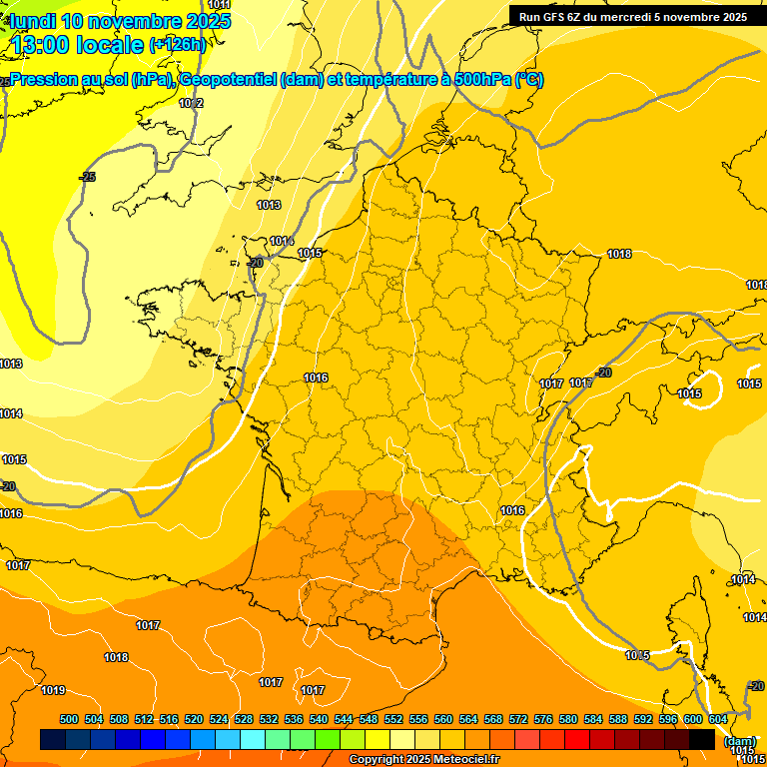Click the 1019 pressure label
pyautogui.click(x=53, y=690)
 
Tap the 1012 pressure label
pyautogui.click(x=191, y=103)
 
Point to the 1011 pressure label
pyautogui.click(x=219, y=5)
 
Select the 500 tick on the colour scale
pyautogui.click(x=69, y=719)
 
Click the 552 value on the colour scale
pyautogui.click(x=393, y=719)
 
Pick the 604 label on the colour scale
pyautogui.click(x=718, y=719)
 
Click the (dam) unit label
pyautogui.click(x=739, y=741)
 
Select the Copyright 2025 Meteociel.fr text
pyautogui.click(x=423, y=760)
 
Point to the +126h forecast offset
pyautogui.click(x=178, y=44)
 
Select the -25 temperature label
pyautogui.click(x=88, y=177)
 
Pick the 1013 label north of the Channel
pyautogui.click(x=268, y=205)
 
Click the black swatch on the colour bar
pyautogui.click(x=702, y=739)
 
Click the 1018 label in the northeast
pyautogui.click(x=619, y=254)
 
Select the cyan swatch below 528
pyautogui.click(x=253, y=739)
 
